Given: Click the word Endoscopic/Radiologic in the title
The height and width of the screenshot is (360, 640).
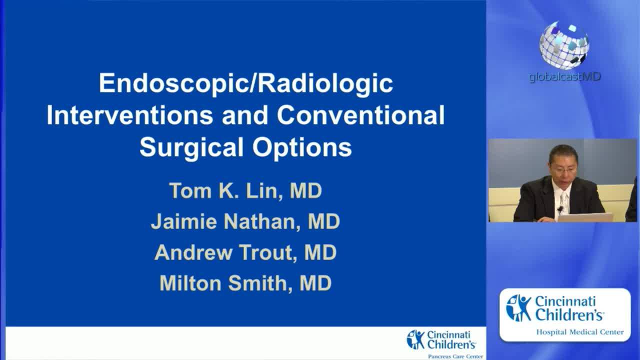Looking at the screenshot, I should pyautogui.click(x=245, y=83).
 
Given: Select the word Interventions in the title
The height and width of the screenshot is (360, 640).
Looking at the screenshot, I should pyautogui.click(x=129, y=115).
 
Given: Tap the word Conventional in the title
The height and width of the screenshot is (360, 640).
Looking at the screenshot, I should pyautogui.click(x=360, y=115).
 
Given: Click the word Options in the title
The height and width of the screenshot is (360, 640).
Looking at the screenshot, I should pyautogui.click(x=302, y=147).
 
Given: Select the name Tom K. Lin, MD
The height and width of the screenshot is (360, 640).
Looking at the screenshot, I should pyautogui.click(x=245, y=190).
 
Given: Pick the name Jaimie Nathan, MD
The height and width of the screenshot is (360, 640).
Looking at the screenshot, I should pyautogui.click(x=245, y=221).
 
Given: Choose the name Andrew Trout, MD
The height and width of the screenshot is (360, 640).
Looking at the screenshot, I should pyautogui.click(x=245, y=252).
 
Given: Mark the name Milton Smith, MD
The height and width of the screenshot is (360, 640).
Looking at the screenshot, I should pyautogui.click(x=245, y=283).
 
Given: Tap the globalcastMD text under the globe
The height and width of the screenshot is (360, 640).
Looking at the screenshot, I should pyautogui.click(x=564, y=77).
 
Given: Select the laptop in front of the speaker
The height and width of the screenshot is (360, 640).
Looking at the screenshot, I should pyautogui.click(x=585, y=217).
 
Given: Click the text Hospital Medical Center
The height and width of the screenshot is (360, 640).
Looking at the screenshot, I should pyautogui.click(x=579, y=332).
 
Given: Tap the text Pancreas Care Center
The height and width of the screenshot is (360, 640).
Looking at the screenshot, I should pyautogui.click(x=455, y=356).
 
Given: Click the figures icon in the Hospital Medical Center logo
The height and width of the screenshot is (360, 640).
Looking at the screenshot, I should pyautogui.click(x=518, y=308).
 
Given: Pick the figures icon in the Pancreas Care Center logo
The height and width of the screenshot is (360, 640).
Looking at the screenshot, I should pyautogui.click(x=416, y=339).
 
